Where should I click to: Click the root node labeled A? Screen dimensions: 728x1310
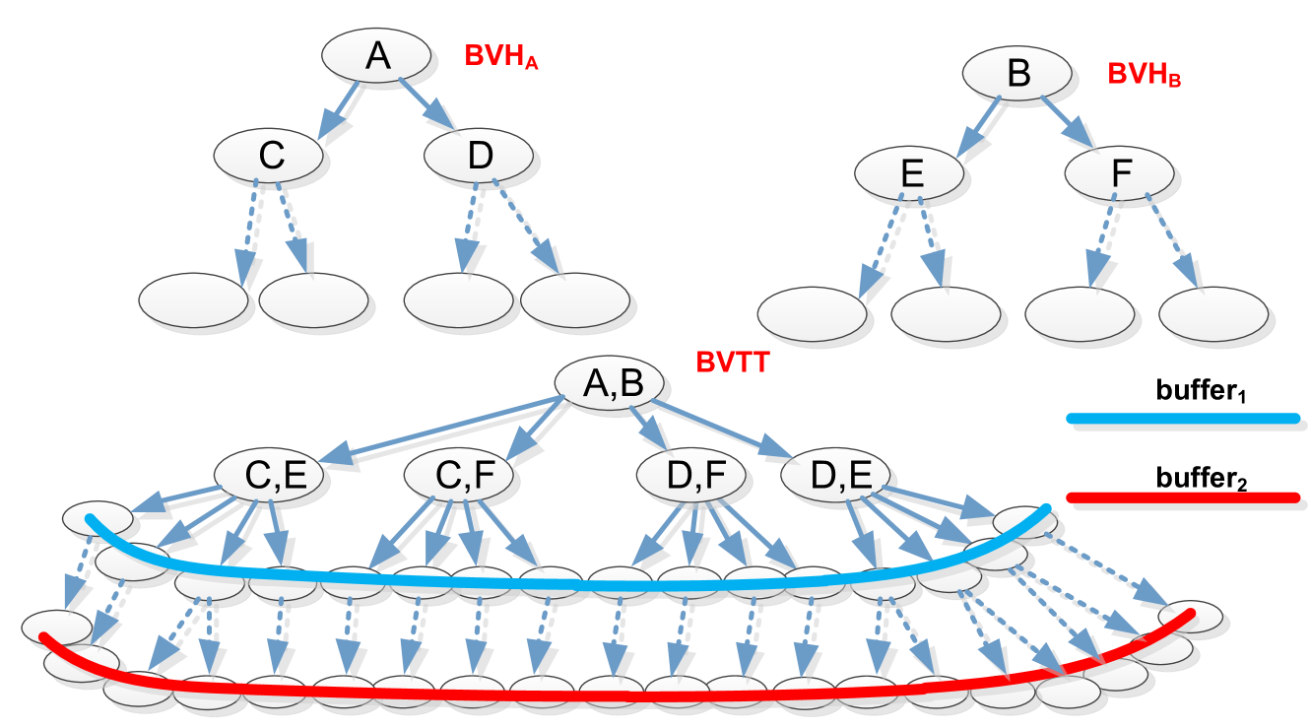click(376, 56)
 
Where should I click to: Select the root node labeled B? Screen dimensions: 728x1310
click(1017, 74)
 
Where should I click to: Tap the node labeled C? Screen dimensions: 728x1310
click(271, 156)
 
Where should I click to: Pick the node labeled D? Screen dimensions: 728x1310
click(479, 156)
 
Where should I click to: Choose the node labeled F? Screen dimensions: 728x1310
click(1120, 173)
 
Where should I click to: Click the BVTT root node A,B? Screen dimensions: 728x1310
click(612, 383)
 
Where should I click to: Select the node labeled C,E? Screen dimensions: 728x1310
click(275, 477)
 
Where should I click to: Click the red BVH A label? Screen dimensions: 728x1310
click(501, 58)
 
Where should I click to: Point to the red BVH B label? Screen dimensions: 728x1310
click(1144, 76)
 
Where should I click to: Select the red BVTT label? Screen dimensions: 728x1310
click(732, 363)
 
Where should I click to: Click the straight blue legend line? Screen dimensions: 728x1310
click(1182, 420)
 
